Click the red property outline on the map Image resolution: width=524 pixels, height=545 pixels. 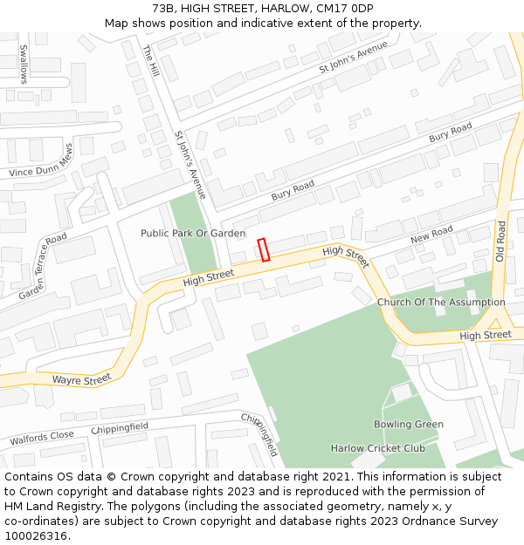[264, 249]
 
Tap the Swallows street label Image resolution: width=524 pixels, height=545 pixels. [23, 64]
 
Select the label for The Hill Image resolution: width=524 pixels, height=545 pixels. [149, 61]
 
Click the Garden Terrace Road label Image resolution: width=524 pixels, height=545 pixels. [43, 266]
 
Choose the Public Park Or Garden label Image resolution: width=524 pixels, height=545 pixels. [193, 234]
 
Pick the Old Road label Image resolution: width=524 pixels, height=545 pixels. [500, 242]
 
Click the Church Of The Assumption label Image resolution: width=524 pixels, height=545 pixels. [441, 303]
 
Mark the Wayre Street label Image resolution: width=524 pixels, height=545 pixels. [81, 379]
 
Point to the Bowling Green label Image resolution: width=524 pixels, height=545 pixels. [409, 425]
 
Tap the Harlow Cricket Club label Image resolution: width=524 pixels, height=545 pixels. [377, 448]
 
